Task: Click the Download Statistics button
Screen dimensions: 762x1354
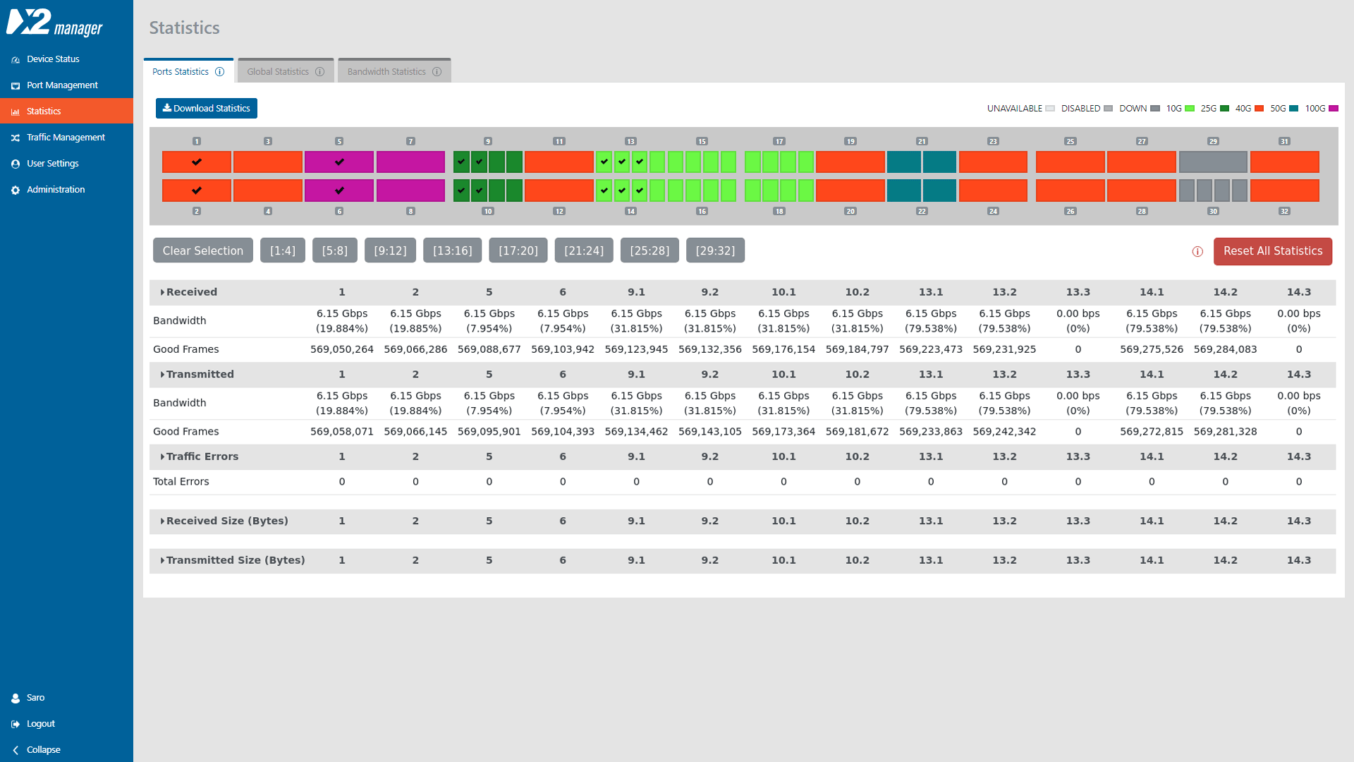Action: [206, 108]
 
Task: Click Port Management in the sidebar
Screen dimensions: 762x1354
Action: [62, 85]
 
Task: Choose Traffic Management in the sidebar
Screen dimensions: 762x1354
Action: [66, 137]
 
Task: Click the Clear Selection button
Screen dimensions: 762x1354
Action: [202, 250]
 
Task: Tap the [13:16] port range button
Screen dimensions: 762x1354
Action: [452, 250]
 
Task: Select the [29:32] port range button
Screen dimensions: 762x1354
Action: [715, 250]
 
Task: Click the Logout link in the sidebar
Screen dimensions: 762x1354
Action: [40, 723]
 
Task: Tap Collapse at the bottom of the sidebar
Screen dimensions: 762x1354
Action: [43, 749]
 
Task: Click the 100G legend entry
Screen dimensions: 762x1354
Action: [1321, 108]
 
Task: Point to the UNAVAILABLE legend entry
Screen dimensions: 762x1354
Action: [1020, 108]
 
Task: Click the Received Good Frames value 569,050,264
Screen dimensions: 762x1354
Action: [341, 349]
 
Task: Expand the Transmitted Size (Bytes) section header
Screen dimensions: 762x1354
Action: [235, 560]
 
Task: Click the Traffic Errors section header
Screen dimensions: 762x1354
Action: [202, 456]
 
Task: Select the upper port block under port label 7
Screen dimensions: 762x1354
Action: [410, 162]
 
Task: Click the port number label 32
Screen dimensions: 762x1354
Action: [1284, 211]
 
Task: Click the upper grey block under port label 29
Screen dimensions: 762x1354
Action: [1212, 162]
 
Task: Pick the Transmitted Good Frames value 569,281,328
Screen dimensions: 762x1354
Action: [1225, 431]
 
